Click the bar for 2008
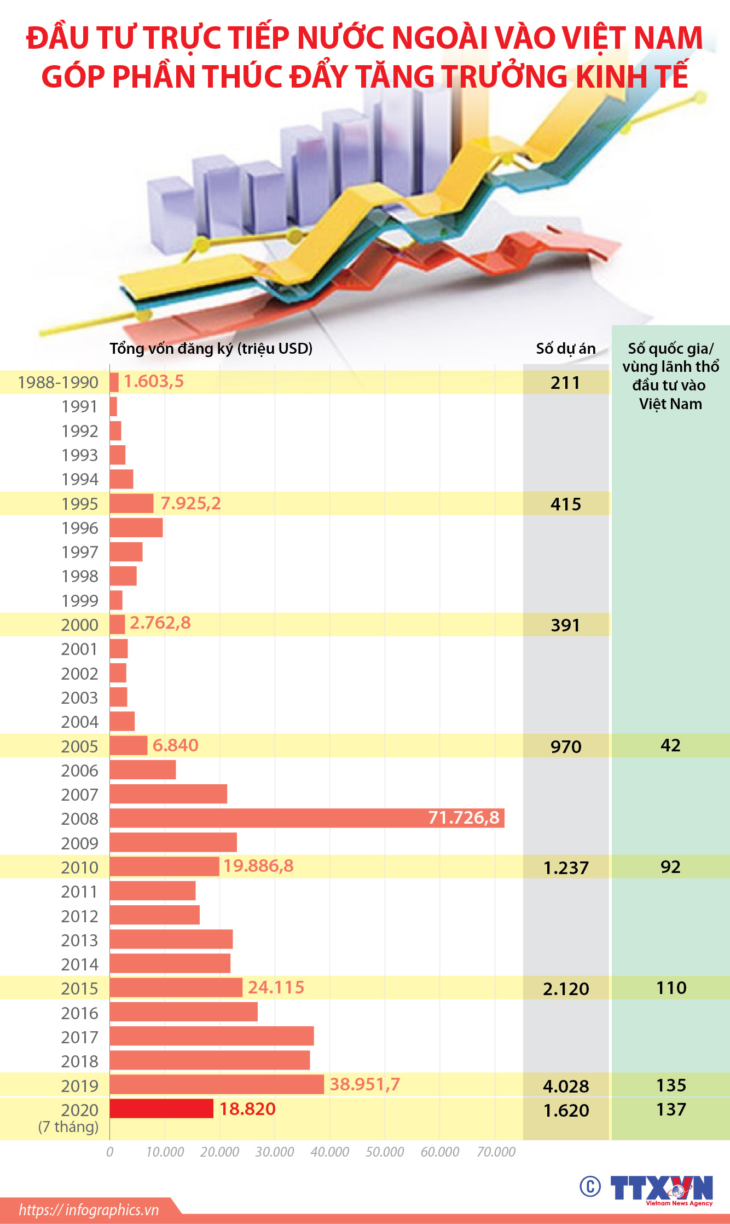click(x=306, y=818)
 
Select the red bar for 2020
click(x=161, y=1108)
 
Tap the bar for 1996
click(x=136, y=527)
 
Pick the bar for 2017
click(x=212, y=1036)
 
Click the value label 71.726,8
click(x=464, y=818)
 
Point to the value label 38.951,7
click(x=365, y=1084)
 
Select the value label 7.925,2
click(x=190, y=503)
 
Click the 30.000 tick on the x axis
click(x=275, y=1152)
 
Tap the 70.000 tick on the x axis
click(x=496, y=1152)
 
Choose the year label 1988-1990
click(x=58, y=382)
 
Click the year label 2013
click(x=79, y=940)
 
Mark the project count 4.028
click(x=566, y=1086)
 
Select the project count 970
click(x=566, y=746)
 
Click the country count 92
click(x=670, y=867)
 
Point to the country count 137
click(x=671, y=1110)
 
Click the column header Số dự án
click(x=566, y=349)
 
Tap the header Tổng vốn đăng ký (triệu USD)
click(x=211, y=349)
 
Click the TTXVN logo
click(x=661, y=1189)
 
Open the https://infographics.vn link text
click(x=89, y=1210)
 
